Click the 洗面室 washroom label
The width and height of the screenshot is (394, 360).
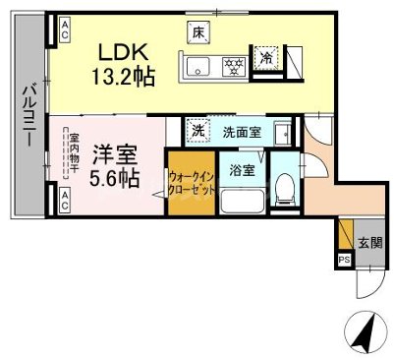[x=239, y=131]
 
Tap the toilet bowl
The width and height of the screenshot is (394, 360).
[x=283, y=187]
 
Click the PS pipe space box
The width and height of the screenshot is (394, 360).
[x=343, y=261]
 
